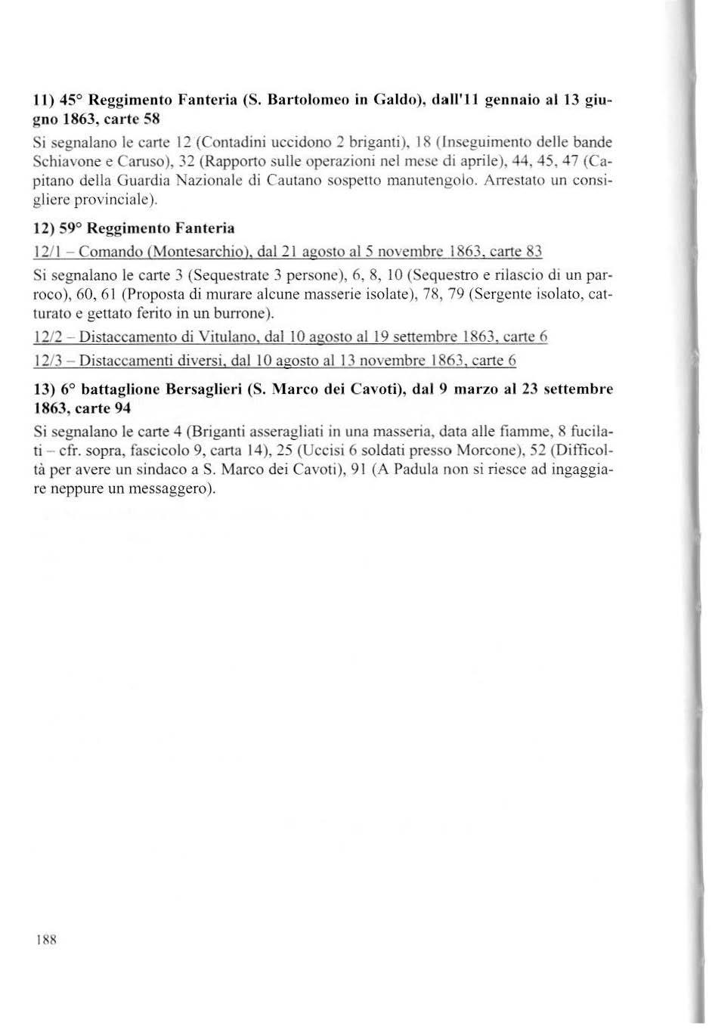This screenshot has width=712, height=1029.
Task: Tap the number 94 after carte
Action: [x=122, y=409]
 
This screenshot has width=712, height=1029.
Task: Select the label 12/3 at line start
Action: [x=48, y=361]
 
